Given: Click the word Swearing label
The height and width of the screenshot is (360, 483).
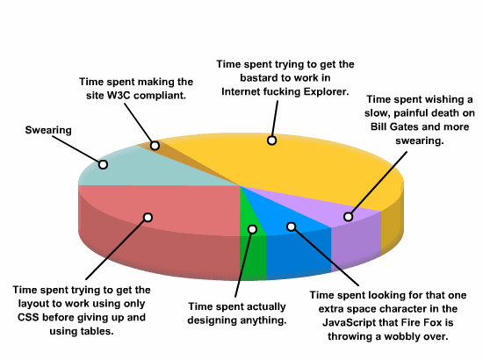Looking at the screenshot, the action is pos(48,130).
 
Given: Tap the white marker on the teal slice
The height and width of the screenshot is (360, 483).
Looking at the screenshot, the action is pos(103,164).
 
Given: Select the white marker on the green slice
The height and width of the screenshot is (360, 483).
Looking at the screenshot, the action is pos(252,229).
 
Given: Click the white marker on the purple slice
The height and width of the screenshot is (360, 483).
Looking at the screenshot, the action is pos(348,217).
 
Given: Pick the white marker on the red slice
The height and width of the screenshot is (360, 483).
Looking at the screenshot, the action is pos(148,218).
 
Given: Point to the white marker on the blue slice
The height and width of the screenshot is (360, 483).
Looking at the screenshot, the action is pos(291,227).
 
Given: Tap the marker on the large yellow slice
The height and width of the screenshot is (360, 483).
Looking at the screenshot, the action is pos(271,140).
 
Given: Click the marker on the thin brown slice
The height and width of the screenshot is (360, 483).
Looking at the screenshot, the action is pos(155,146).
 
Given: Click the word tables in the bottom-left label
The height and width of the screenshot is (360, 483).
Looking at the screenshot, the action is pos(97,331).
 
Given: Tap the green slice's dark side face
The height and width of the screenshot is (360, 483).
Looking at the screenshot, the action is pos(253,258).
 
